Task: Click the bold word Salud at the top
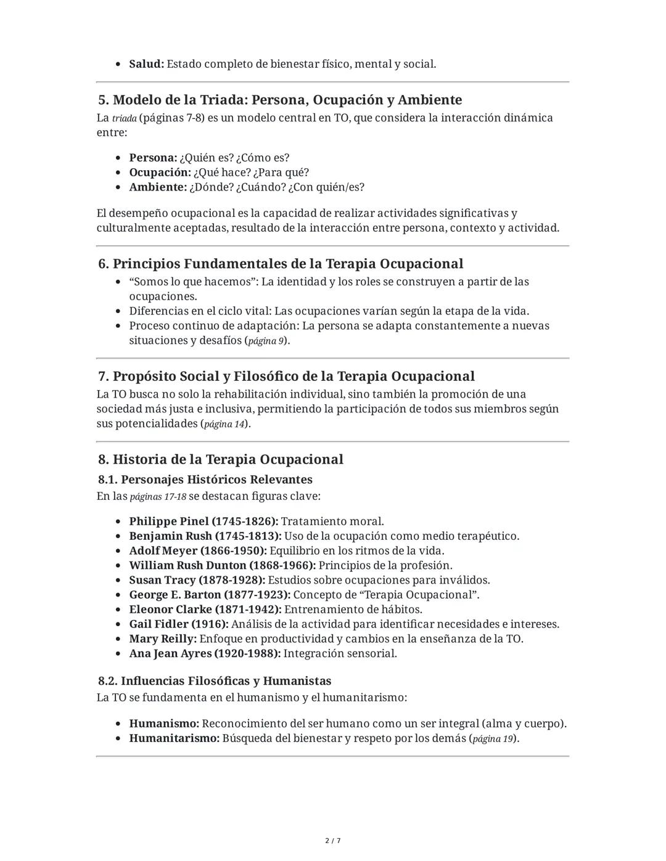pyautogui.click(x=146, y=64)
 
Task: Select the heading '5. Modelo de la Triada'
pyautogui.click(x=279, y=100)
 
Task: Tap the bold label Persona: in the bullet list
pyautogui.click(x=153, y=158)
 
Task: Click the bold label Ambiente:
pyautogui.click(x=157, y=187)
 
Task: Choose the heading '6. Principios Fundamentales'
pyautogui.click(x=281, y=264)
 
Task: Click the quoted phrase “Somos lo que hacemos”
pyautogui.click(x=193, y=282)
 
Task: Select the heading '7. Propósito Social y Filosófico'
pyautogui.click(x=286, y=377)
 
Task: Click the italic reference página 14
pyautogui.click(x=224, y=424)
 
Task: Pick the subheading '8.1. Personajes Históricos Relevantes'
pyautogui.click(x=205, y=479)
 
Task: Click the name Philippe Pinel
pyautogui.click(x=169, y=521)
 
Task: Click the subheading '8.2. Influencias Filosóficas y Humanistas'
pyautogui.click(x=215, y=681)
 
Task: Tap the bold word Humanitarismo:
pyautogui.click(x=174, y=738)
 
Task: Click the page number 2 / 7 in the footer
pyautogui.click(x=333, y=841)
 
